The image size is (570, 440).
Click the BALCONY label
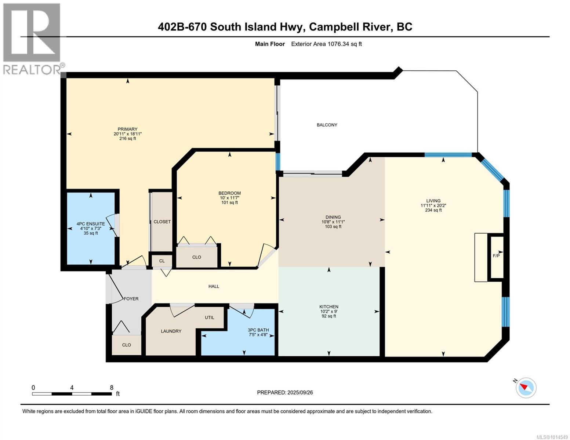(327, 125)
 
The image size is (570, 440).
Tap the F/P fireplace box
(496, 256)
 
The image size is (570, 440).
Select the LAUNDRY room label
(171, 331)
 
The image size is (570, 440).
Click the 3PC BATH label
(258, 330)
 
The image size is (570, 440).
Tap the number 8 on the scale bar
(112, 388)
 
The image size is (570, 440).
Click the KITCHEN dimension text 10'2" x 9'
(328, 311)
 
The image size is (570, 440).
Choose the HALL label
(214, 286)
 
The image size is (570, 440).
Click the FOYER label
(131, 299)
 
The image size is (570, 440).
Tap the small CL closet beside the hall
(162, 261)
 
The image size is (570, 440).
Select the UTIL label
(210, 318)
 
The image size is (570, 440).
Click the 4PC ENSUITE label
(91, 224)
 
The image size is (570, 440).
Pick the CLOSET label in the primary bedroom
(162, 222)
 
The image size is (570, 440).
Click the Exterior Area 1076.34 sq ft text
(326, 44)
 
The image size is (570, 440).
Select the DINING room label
(333, 217)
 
